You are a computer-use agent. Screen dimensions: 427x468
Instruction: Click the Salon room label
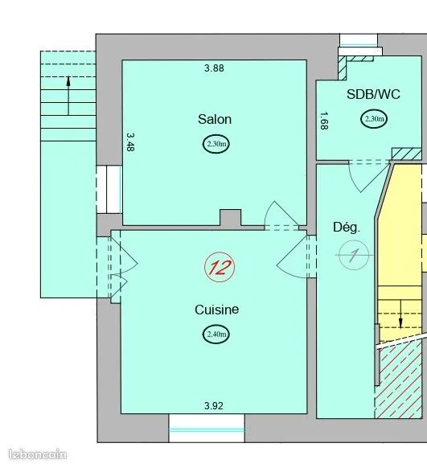(x=215, y=119)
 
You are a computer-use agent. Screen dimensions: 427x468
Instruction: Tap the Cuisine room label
(x=216, y=310)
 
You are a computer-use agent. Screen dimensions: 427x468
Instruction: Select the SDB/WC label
(x=373, y=94)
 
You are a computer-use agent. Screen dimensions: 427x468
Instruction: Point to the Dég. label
(x=347, y=228)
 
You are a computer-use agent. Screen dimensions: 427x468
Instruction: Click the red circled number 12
(x=220, y=267)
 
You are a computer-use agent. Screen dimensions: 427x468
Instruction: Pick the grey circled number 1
(x=354, y=255)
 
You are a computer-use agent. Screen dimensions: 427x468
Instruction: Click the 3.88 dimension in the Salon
(x=214, y=68)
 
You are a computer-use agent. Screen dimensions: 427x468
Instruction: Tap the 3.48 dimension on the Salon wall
(x=130, y=142)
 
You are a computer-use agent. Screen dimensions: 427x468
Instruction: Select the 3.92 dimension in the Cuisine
(x=214, y=406)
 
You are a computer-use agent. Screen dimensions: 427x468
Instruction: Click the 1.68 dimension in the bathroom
(x=324, y=121)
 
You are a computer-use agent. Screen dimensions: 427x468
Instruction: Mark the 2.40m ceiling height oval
(x=216, y=334)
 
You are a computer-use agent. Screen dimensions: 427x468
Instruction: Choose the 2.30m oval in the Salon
(x=216, y=144)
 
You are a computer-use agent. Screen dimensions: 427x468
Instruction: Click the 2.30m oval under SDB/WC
(x=374, y=119)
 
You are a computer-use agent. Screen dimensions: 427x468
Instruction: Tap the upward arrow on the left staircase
(x=68, y=96)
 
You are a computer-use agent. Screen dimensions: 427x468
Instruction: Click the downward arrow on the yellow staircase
(x=400, y=314)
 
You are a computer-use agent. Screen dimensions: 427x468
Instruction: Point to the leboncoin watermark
(x=38, y=454)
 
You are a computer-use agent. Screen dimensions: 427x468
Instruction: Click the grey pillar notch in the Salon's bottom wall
(x=230, y=218)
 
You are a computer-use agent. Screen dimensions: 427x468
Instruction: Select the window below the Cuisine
(x=207, y=429)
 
